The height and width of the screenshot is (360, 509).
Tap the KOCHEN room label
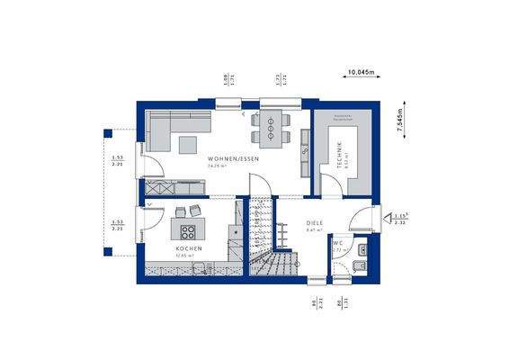(188, 247)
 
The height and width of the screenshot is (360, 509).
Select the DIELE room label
(314, 224)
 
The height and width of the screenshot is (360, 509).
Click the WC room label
(337, 243)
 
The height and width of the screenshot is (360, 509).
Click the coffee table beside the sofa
(189, 144)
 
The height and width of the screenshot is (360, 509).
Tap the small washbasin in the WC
(362, 249)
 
